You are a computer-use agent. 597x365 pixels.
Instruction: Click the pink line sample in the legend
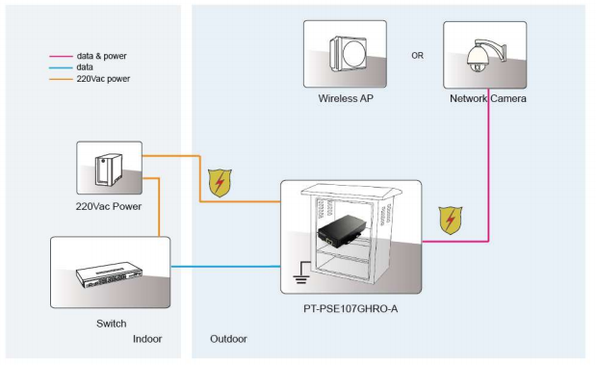click(61, 56)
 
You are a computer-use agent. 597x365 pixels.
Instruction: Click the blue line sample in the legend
click(61, 68)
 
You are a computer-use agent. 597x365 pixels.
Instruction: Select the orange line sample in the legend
click(61, 80)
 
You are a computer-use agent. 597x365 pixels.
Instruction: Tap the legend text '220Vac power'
click(103, 79)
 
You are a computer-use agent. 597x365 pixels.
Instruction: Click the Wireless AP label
click(346, 98)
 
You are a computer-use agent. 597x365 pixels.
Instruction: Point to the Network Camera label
click(488, 98)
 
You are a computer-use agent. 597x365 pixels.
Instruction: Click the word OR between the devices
click(417, 56)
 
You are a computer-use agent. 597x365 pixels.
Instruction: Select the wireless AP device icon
click(348, 54)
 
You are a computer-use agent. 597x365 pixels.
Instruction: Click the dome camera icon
click(486, 55)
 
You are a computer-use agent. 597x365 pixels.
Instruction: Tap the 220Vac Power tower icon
click(109, 169)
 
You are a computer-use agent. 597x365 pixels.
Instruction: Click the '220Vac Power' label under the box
click(109, 206)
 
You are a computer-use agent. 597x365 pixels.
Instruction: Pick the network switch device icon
click(109, 274)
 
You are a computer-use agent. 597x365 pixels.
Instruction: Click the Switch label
click(111, 324)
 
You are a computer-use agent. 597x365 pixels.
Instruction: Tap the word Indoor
click(147, 339)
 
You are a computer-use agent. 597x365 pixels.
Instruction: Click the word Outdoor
click(228, 339)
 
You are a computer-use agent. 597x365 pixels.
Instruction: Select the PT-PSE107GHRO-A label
click(350, 309)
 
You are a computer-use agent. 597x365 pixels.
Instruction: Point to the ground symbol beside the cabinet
click(301, 273)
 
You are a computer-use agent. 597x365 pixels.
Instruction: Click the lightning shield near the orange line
click(220, 183)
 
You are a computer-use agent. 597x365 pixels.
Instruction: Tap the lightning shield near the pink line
click(451, 220)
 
